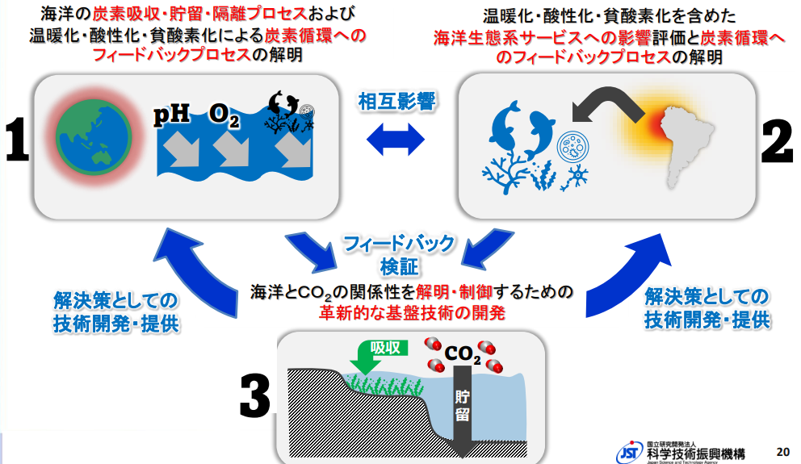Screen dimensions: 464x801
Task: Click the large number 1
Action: (15, 142)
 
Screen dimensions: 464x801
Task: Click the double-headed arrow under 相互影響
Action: (396, 140)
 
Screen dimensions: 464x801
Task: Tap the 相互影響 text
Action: (396, 102)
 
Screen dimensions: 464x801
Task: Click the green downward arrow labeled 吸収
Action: (368, 356)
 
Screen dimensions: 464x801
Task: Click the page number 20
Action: (782, 449)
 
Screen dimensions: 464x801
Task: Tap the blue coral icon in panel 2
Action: (505, 175)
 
